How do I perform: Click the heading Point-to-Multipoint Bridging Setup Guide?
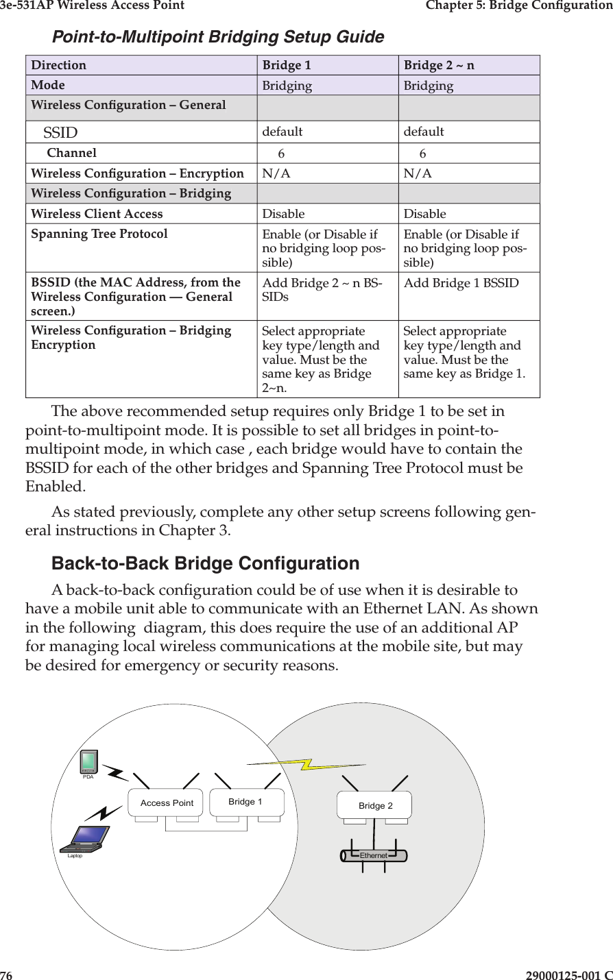coord(218,36)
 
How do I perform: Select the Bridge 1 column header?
coord(287,66)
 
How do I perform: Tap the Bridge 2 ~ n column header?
coord(438,66)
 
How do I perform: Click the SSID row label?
coord(60,132)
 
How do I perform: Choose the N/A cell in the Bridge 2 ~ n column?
coord(418,174)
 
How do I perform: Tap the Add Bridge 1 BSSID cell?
coord(461,283)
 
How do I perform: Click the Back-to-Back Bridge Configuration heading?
coord(206,563)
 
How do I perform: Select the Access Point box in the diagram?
coord(167,803)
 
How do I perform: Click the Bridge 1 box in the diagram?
coord(245,801)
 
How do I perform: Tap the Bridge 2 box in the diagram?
coord(375,805)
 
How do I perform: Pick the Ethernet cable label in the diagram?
coord(374,856)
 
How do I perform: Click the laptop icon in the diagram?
coord(86,838)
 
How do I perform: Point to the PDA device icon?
coord(88,761)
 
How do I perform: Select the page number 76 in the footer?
coord(6,975)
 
